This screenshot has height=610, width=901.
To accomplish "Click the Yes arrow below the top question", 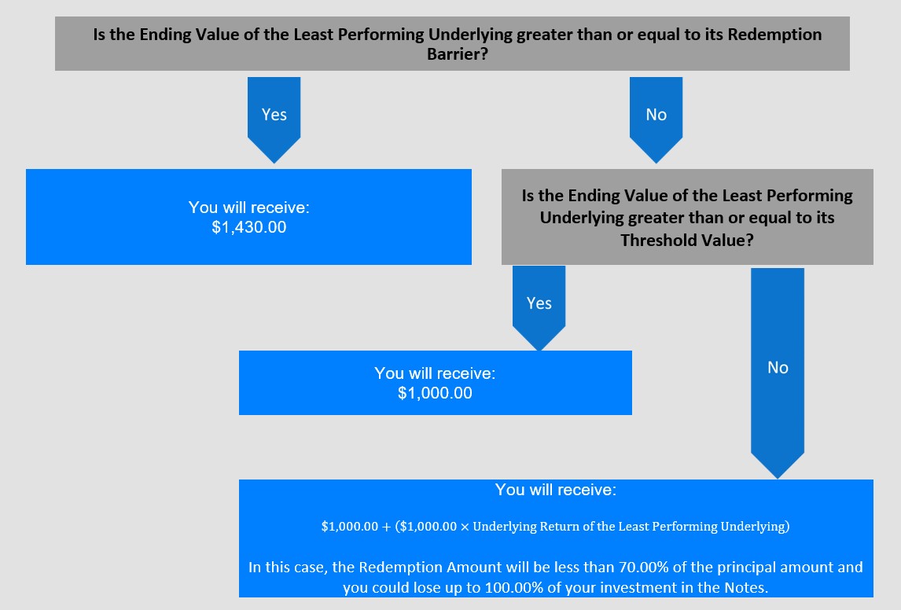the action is tap(274, 119).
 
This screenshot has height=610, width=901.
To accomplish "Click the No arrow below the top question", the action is tap(656, 119).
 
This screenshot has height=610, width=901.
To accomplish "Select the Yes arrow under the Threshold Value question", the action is tap(539, 308).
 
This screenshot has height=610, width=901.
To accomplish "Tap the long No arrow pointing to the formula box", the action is tap(778, 373).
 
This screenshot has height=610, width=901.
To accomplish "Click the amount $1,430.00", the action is tap(248, 227).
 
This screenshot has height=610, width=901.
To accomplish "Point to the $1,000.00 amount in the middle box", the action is tap(435, 394).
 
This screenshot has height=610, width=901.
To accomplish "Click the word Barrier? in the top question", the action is tap(458, 54).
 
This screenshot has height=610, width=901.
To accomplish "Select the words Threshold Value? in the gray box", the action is tap(687, 240).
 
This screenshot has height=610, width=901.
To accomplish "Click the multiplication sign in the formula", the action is tap(465, 527).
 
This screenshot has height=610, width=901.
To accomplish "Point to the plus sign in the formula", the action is tap(385, 527).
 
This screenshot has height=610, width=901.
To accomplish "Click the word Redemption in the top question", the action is tap(774, 35).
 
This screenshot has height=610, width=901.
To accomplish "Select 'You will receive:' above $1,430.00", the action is tap(248, 208).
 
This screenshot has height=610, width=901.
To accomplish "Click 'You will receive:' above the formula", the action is tap(556, 490).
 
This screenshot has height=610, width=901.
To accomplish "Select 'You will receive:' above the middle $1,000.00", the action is tap(435, 373).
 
